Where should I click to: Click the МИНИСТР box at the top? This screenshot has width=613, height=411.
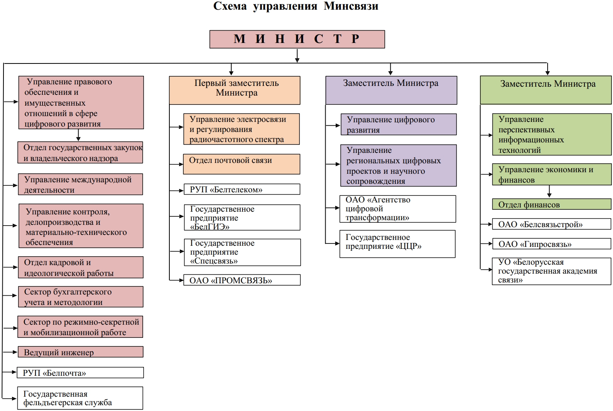[x=297, y=39]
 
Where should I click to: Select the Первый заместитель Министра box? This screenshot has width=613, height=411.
[x=234, y=90]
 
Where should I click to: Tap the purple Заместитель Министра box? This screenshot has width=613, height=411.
[x=391, y=90]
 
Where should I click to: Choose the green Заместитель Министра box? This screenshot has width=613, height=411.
[x=546, y=90]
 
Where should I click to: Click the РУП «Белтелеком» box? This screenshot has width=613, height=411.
[x=242, y=189]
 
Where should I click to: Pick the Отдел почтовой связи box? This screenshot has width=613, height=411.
[x=242, y=164]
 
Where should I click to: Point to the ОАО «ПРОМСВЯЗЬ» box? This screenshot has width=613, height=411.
[x=242, y=280]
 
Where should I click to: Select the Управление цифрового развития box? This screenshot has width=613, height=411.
[x=398, y=124]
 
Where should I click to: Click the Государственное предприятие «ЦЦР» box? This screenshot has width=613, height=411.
[x=397, y=244]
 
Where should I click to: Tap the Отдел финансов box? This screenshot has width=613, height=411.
[x=552, y=204]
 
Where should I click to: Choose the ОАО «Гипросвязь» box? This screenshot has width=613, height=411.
[x=552, y=244]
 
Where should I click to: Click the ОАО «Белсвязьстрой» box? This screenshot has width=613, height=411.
[x=552, y=224]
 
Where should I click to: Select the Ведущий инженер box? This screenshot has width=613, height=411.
[x=80, y=352]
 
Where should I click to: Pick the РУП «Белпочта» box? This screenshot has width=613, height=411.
[x=80, y=373]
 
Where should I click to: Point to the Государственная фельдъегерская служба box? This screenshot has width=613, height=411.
[x=80, y=398]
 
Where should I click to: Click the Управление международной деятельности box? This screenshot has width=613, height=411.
[x=80, y=184]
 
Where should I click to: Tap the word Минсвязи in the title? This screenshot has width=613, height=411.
[x=351, y=6]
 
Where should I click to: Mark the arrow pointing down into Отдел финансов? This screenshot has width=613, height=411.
[x=549, y=192]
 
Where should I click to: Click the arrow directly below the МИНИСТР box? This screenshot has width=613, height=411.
[x=297, y=56]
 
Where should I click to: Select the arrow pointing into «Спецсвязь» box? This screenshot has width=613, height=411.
[x=177, y=251]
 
